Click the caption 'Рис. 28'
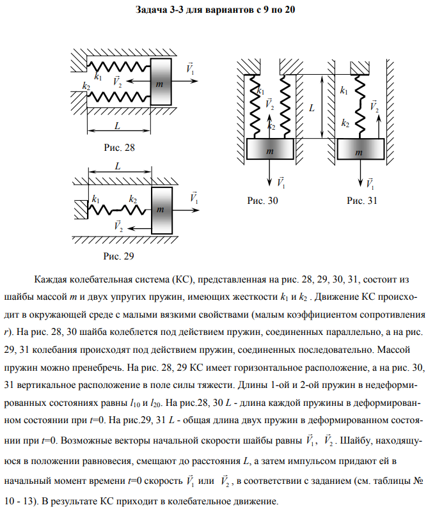pyautogui.click(x=120, y=148)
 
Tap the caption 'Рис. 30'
pyautogui.click(x=263, y=200)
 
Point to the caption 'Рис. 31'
pyautogui.click(x=362, y=200)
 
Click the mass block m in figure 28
pyautogui.click(x=161, y=82)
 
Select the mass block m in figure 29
pyautogui.click(x=161, y=209)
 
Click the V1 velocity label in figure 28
pyautogui.click(x=191, y=68)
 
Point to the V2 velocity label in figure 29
pyautogui.click(x=117, y=226)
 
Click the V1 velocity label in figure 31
pyautogui.click(x=370, y=183)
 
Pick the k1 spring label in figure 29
pyautogui.click(x=96, y=199)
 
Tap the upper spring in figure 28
pyautogui.click(x=119, y=66)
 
